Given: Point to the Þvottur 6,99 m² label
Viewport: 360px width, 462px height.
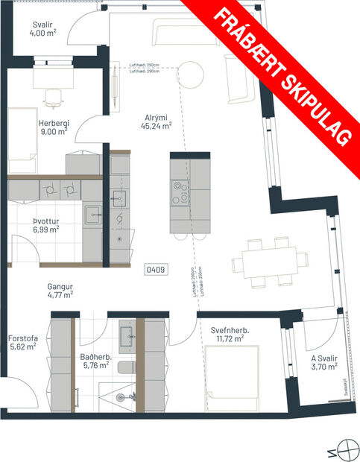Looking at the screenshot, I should [45, 224].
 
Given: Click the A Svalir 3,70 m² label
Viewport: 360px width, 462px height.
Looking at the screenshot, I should [324, 361].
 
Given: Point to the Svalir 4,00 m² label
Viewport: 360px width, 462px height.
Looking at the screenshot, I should [43, 28].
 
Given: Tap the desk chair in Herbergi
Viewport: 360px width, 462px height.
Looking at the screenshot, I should [52, 95].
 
